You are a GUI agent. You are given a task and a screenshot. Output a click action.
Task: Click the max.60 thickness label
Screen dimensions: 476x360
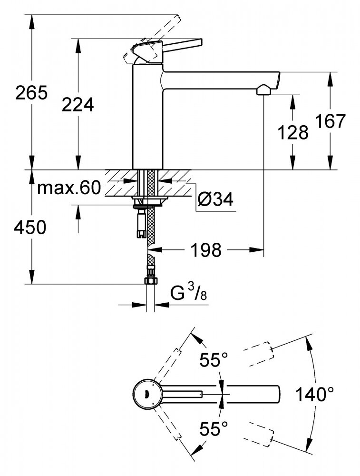tap(68, 188)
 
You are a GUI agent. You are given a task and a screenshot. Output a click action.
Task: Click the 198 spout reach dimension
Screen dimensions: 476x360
tap(206, 249)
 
